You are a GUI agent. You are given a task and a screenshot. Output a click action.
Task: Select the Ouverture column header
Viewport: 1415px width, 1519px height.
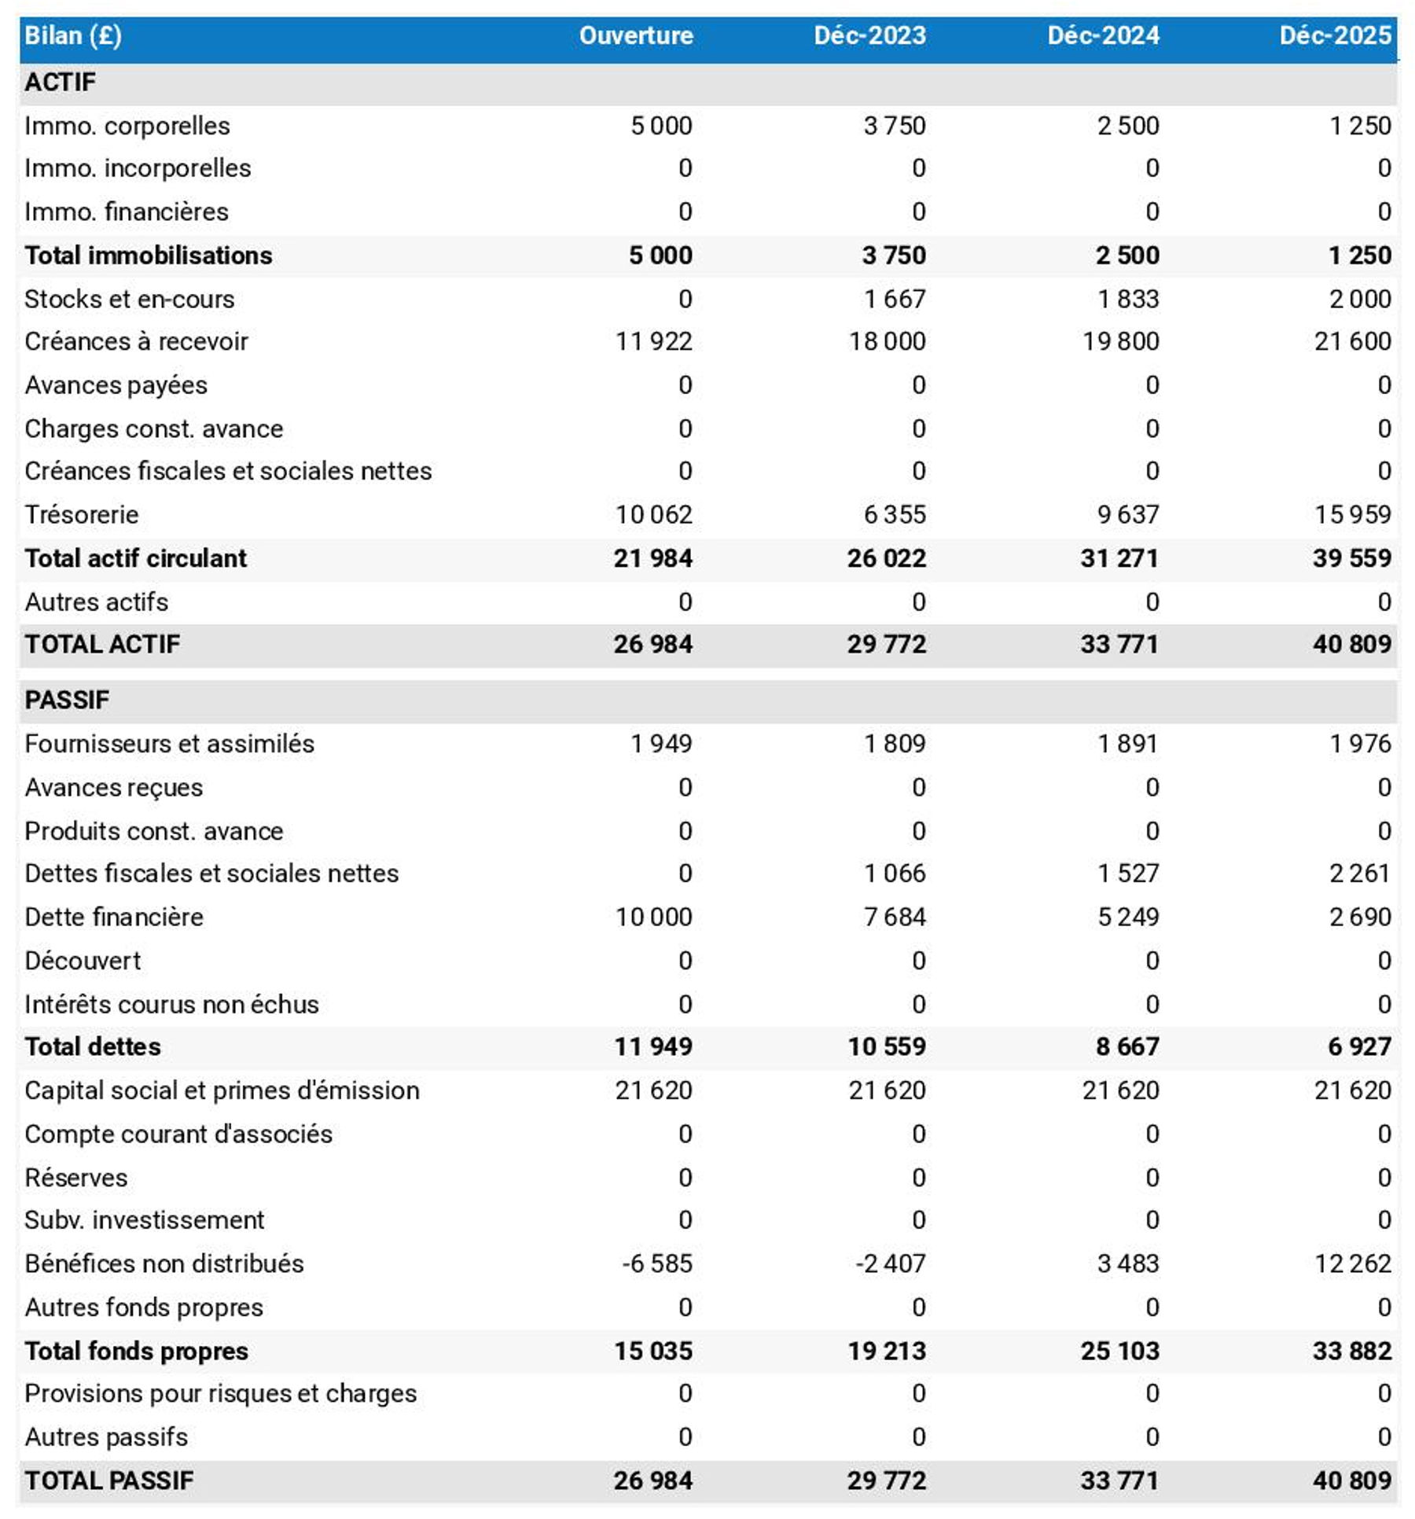[x=635, y=35]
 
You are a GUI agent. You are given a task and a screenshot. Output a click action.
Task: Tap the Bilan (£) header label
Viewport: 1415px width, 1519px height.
[x=73, y=35]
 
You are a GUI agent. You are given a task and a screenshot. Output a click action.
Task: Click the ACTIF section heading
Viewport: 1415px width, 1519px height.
[x=61, y=82]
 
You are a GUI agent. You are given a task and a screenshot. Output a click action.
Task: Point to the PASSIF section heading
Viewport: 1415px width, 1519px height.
[x=67, y=699]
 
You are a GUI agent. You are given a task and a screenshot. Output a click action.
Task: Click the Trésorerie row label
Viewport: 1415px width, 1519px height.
[x=82, y=514]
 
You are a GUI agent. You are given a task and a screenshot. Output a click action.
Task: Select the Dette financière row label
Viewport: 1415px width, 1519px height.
[x=114, y=917]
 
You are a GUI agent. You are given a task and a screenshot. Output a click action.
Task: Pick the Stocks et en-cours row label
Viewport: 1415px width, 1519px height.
[x=130, y=299]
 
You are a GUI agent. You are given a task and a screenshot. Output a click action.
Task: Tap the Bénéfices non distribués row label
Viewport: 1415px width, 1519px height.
[x=164, y=1263]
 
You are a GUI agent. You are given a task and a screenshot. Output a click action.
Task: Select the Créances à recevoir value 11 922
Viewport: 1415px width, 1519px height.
[x=653, y=341]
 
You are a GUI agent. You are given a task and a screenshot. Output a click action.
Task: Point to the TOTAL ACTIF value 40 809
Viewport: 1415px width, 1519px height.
[x=1351, y=644]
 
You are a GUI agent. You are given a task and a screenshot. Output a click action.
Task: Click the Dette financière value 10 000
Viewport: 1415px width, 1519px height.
[x=653, y=917]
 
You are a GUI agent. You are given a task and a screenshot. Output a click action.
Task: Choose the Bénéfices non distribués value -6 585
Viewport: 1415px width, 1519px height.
[x=656, y=1263]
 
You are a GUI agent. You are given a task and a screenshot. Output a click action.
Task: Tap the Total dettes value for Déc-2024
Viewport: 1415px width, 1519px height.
[x=1126, y=1046]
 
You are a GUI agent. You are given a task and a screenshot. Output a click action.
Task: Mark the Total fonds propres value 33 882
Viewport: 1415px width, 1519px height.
[x=1351, y=1350]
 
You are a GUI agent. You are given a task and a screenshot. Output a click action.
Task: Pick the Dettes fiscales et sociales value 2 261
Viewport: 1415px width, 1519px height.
[x=1359, y=873]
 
